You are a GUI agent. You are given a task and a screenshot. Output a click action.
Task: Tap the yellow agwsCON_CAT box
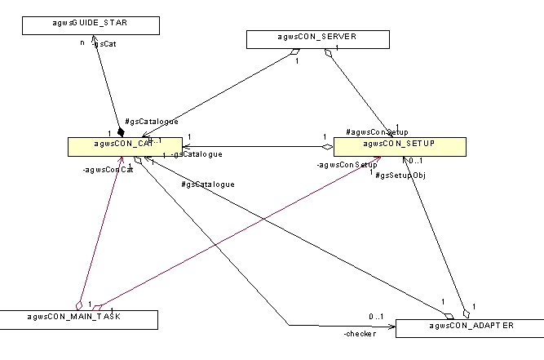point(124,145)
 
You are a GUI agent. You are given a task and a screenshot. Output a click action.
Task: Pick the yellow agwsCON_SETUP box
point(399,145)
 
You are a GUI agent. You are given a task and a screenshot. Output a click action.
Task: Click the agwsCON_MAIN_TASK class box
point(78,319)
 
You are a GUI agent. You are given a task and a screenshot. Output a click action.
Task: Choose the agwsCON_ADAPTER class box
point(469,327)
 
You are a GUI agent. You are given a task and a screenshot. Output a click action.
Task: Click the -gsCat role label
point(104,44)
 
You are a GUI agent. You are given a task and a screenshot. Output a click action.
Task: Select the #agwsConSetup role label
point(377,132)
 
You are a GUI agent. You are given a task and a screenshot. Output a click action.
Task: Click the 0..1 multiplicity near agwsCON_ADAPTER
point(375,316)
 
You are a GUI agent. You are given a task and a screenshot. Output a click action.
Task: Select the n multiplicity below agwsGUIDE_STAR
point(82,42)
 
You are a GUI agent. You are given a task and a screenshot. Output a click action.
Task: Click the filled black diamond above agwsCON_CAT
point(121,131)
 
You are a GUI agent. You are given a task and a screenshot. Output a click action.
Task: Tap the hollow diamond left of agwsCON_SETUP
point(327,147)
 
